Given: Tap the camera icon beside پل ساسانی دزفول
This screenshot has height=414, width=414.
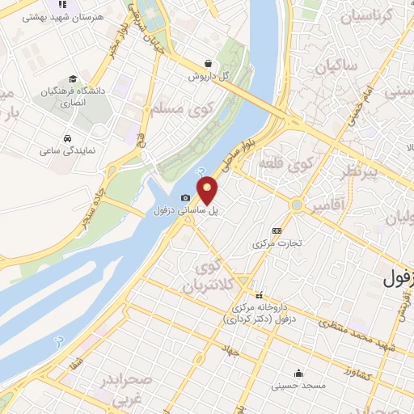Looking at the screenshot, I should [x=186, y=198].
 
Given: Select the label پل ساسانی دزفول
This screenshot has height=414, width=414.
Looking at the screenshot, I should [x=187, y=211].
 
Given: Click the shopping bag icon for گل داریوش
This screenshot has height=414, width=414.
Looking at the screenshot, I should [x=209, y=63].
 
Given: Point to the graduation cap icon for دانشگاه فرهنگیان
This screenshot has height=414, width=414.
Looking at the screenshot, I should [x=73, y=79].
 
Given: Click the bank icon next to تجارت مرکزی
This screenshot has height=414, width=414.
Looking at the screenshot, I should [x=277, y=230].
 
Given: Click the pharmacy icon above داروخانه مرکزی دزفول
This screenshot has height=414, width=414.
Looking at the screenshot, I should [x=260, y=296].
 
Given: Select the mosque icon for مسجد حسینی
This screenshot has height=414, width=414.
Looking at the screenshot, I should [x=299, y=373].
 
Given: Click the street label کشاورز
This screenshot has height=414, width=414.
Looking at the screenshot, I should [x=357, y=374].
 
